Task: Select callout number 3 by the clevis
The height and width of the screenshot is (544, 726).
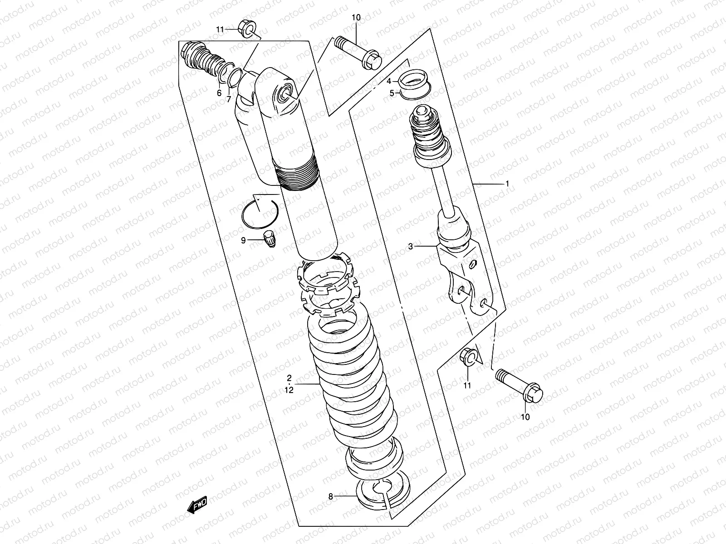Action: (411, 247)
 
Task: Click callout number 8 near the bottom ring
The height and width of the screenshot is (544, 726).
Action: (331, 497)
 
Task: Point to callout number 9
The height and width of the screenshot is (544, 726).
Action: (243, 240)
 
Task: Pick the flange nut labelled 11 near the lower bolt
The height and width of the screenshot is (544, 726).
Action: (468, 357)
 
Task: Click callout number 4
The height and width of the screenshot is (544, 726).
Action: (389, 82)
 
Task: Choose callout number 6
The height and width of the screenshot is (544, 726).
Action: (219, 93)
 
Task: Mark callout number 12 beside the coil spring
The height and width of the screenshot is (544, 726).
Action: (289, 389)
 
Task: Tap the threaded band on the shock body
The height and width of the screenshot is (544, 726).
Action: (297, 177)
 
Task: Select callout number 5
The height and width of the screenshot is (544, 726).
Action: (392, 93)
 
